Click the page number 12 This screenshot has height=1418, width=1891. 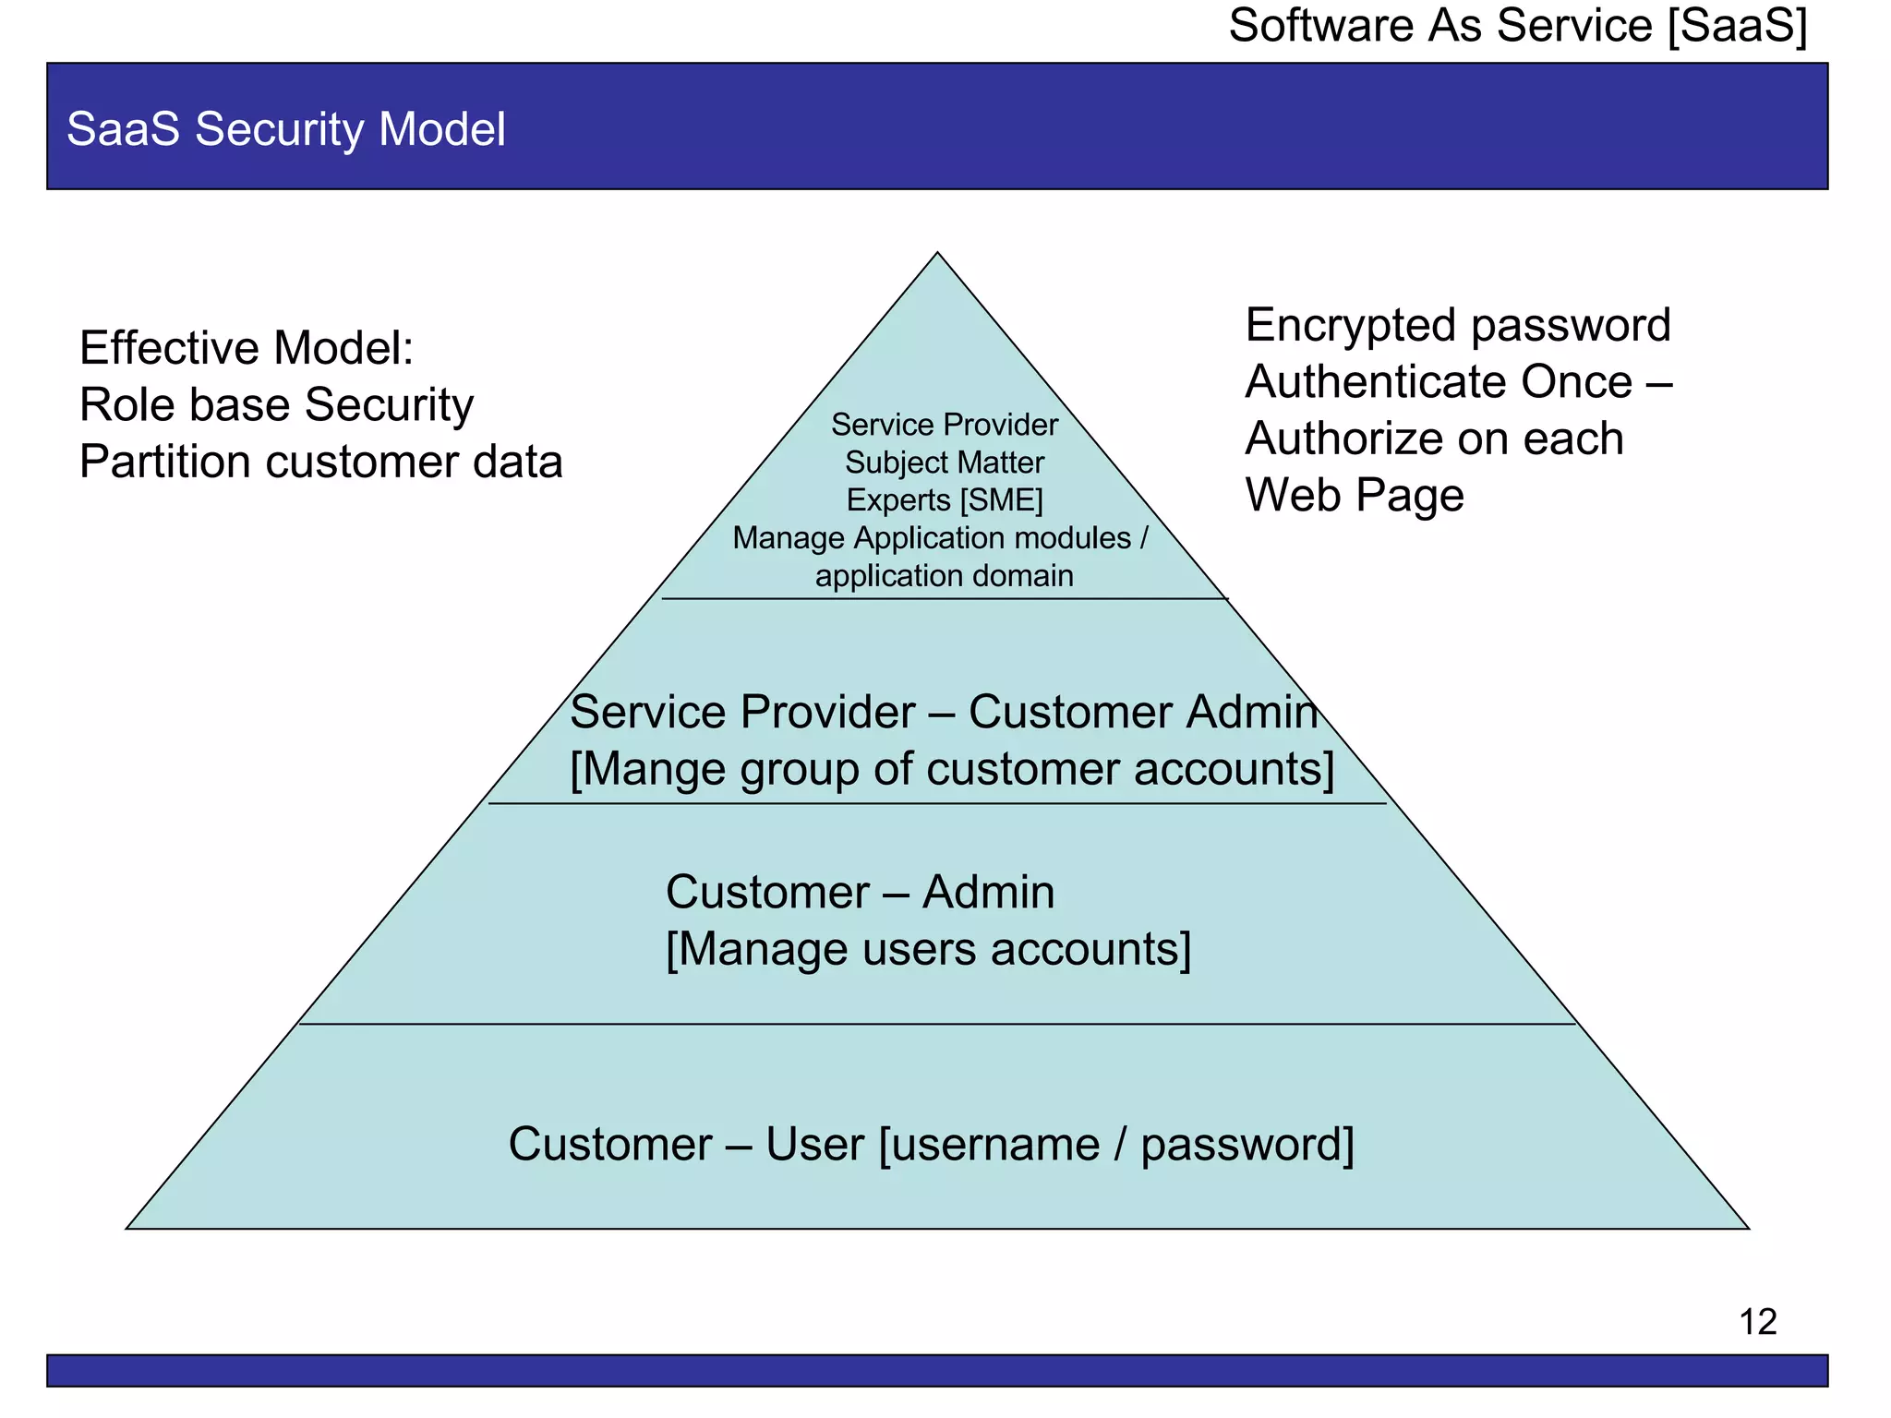click(1757, 1322)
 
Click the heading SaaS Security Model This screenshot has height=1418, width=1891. click(286, 129)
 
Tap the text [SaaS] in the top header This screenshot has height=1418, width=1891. click(1738, 25)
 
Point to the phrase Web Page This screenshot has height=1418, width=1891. click(1354, 496)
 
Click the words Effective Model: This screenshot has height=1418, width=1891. click(247, 349)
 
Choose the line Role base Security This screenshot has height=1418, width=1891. click(276, 405)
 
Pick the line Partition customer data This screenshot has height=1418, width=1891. click(320, 462)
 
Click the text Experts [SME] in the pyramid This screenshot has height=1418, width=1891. click(945, 500)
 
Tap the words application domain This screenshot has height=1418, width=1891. click(944, 576)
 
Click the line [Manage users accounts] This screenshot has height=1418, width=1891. click(928, 949)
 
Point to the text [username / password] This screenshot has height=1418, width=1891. click(1116, 1145)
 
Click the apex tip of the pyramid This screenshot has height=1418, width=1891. click(937, 254)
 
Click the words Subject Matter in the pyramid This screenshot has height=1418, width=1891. click(945, 463)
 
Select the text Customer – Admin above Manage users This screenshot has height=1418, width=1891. click(860, 893)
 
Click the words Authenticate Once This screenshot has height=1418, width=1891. click(1439, 382)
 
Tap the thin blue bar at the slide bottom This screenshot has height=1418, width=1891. click(936, 1370)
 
